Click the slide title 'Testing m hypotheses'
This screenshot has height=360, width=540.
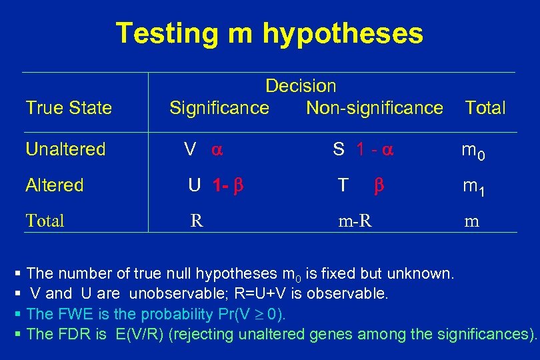point(269,33)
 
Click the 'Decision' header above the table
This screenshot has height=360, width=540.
point(301,86)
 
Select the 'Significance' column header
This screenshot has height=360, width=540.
point(219,107)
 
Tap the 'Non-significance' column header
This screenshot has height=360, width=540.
point(374,107)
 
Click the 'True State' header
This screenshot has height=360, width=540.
point(69,107)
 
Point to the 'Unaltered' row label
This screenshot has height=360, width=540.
point(65,149)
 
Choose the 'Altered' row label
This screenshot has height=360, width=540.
point(55,185)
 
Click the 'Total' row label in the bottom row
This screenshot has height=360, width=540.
point(45,221)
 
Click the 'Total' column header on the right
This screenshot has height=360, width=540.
point(485,107)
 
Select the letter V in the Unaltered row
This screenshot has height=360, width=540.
point(190,149)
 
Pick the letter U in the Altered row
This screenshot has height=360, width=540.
point(194,185)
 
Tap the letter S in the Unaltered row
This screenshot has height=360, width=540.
point(339,149)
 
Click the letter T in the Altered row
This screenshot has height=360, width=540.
point(343,185)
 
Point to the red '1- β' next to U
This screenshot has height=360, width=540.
point(227,185)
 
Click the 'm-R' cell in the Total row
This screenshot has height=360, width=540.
point(355,221)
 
